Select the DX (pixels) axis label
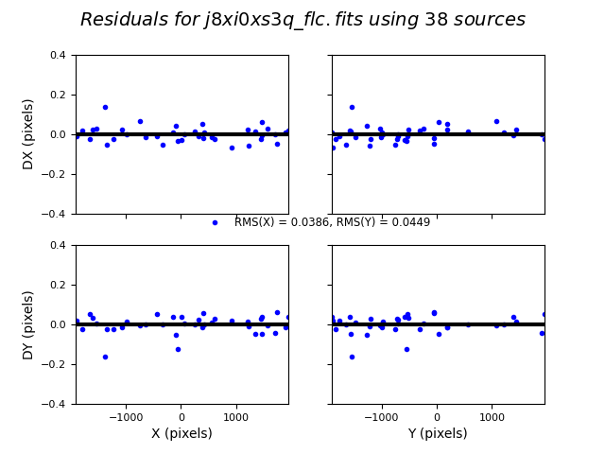tap(28, 134)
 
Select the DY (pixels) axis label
tap(28, 324)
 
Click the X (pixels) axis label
tap(181, 434)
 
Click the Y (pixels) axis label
tap(438, 434)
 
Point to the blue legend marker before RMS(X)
tap(215, 223)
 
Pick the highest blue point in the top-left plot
tap(105, 108)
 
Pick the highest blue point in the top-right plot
tap(352, 108)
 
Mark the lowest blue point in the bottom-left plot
tap(105, 357)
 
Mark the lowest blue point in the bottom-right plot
tap(352, 357)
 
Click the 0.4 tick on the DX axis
tap(59, 55)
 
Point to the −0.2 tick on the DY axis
tap(55, 364)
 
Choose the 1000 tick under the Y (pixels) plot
tap(491, 415)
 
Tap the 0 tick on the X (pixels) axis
tap(181, 415)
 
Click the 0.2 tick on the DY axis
tap(59, 285)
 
